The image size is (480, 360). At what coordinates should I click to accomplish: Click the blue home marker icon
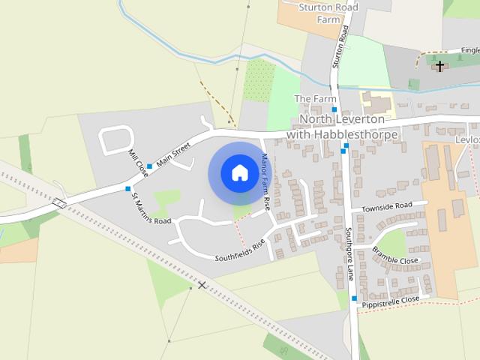tap(239, 173)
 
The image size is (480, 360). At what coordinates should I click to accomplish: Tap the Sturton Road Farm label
tap(328, 13)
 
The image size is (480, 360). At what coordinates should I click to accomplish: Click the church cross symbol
tap(440, 66)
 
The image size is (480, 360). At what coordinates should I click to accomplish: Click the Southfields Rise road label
tap(240, 250)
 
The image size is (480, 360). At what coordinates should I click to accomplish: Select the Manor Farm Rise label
tap(265, 181)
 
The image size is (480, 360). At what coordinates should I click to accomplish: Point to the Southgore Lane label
tap(349, 253)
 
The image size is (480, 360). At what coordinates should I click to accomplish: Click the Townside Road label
tap(386, 206)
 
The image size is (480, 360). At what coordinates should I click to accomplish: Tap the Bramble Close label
tap(395, 256)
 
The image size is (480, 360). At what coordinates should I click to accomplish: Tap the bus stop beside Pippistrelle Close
tap(354, 298)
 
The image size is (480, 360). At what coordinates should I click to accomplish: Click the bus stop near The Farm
tap(334, 109)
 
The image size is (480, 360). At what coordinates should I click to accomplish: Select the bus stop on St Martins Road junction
tap(127, 188)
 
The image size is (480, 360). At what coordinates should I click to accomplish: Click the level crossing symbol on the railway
tap(60, 202)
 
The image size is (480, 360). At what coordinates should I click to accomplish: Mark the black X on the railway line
tap(201, 285)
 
